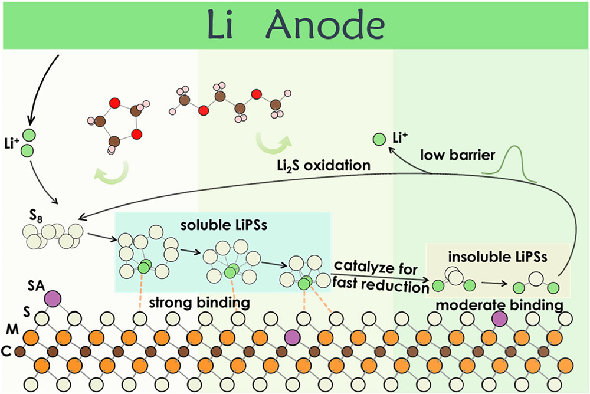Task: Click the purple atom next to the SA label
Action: pyautogui.click(x=53, y=297)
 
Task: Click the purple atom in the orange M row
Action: pyautogui.click(x=291, y=337)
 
